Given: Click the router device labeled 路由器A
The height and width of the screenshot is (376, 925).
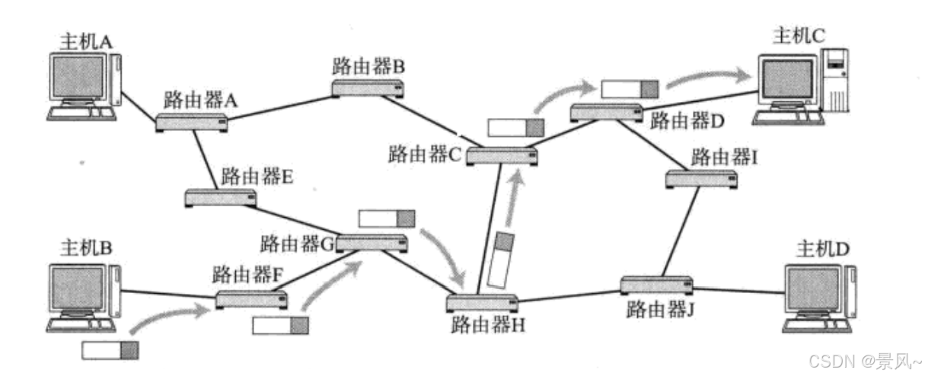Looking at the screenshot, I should tap(192, 122).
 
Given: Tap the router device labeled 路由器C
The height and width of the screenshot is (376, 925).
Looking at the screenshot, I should tap(502, 156).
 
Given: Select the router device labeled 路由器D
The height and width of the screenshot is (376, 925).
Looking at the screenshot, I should tap(606, 112).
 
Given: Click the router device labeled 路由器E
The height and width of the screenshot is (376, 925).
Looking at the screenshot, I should tap(220, 198).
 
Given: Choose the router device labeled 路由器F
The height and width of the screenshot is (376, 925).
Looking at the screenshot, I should tap(251, 298).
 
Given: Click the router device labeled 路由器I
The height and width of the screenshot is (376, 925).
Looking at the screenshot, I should tap(701, 179).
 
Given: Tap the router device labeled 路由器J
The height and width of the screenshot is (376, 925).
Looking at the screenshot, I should tap(655, 285).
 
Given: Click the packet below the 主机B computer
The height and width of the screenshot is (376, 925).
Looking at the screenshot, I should tap(111, 350).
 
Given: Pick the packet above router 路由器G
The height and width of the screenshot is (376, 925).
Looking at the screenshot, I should tap(387, 218).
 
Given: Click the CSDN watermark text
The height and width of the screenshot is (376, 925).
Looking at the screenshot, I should tap(865, 358).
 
